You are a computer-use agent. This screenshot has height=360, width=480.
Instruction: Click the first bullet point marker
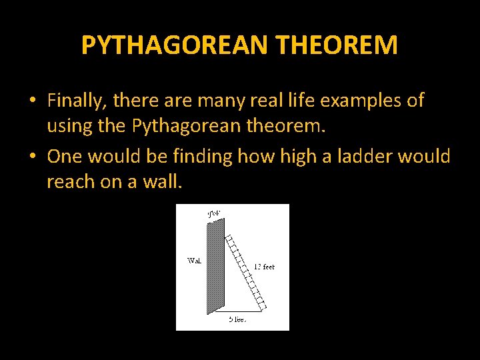(32, 101)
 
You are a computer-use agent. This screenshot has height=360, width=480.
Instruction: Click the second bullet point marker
(32, 157)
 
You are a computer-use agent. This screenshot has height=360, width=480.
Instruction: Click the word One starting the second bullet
(63, 157)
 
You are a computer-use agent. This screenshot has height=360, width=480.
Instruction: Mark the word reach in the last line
(70, 181)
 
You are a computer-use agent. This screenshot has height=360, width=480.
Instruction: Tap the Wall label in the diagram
(195, 260)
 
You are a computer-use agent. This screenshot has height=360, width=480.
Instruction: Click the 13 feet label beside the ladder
(263, 267)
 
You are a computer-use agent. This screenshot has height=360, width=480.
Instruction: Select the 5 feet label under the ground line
(237, 319)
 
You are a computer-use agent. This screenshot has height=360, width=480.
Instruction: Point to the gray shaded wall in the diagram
(215, 267)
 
